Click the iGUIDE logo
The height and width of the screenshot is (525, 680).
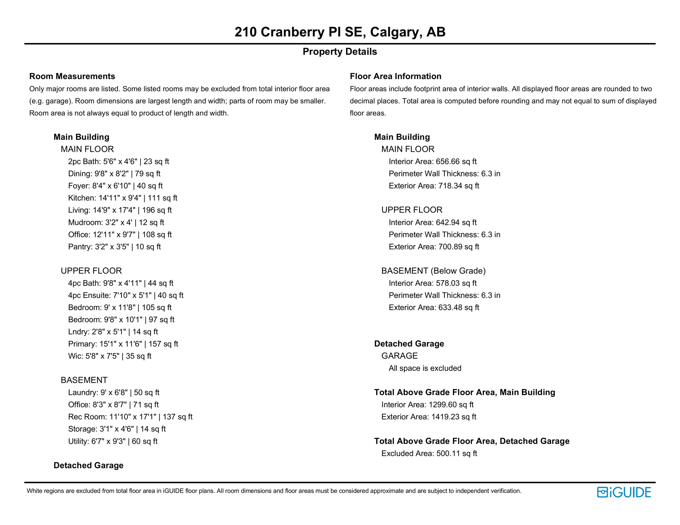click(x=624, y=492)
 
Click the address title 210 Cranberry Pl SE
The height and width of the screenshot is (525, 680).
click(x=340, y=32)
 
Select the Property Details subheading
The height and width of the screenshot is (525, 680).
click(x=340, y=52)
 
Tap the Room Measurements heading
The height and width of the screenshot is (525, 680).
click(x=72, y=76)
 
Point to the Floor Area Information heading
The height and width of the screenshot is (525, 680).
click(x=395, y=76)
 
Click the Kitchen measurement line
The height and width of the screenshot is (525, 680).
click(x=122, y=198)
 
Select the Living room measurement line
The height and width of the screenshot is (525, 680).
click(x=120, y=210)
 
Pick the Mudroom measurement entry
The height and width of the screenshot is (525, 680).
click(x=116, y=223)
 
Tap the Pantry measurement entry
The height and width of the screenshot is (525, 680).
click(x=114, y=247)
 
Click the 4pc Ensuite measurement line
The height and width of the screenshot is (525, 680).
click(x=126, y=295)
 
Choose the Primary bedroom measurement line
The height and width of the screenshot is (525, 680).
click(x=123, y=344)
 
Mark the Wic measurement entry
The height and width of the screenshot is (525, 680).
click(x=109, y=356)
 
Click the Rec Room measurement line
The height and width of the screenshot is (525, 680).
click(x=130, y=417)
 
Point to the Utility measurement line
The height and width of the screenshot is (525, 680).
click(x=113, y=441)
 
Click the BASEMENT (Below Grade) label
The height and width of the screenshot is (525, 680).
click(x=433, y=271)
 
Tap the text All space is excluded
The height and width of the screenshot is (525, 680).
click(x=425, y=368)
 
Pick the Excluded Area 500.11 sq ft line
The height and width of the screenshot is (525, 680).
click(x=429, y=454)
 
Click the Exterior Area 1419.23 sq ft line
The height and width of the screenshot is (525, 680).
click(x=429, y=417)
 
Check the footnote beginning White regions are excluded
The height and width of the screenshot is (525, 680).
click(x=274, y=491)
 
